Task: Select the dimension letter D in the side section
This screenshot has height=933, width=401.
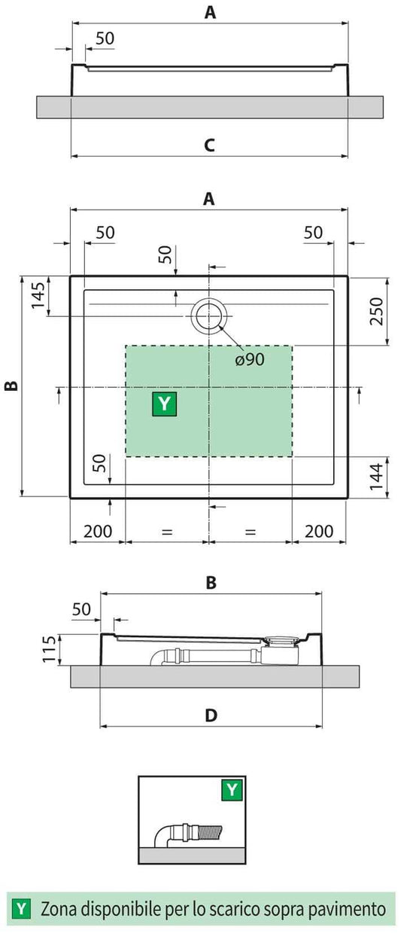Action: click(x=211, y=715)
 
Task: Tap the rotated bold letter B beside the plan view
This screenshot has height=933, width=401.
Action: click(x=11, y=386)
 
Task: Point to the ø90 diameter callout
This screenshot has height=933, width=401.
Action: click(x=249, y=359)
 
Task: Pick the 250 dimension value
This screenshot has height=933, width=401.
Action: click(x=377, y=311)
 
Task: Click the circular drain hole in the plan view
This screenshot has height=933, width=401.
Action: click(x=207, y=316)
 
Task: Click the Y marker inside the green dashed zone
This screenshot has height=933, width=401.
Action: click(x=165, y=404)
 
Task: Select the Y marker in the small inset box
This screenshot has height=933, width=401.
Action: click(x=232, y=790)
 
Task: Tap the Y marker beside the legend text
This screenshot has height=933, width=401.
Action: click(x=23, y=909)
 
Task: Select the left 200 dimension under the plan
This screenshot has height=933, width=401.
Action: click(x=97, y=531)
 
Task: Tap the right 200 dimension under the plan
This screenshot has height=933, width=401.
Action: click(x=319, y=531)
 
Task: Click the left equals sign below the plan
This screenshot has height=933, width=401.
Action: click(x=167, y=532)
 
